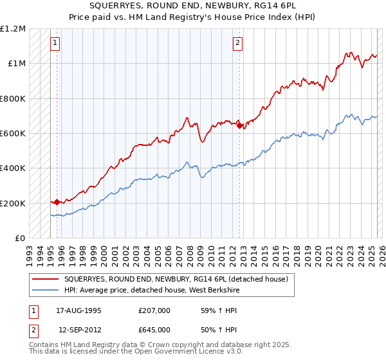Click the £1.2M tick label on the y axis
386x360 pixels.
point(14,29)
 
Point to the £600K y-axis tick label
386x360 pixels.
point(14,134)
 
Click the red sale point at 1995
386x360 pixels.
point(57,202)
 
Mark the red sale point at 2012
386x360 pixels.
point(239,125)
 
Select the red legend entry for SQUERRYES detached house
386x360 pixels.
point(179,279)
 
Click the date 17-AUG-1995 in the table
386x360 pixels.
point(78,310)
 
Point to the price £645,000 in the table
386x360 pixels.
point(154,329)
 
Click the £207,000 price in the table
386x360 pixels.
point(154,310)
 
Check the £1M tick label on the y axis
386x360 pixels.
point(17,64)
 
